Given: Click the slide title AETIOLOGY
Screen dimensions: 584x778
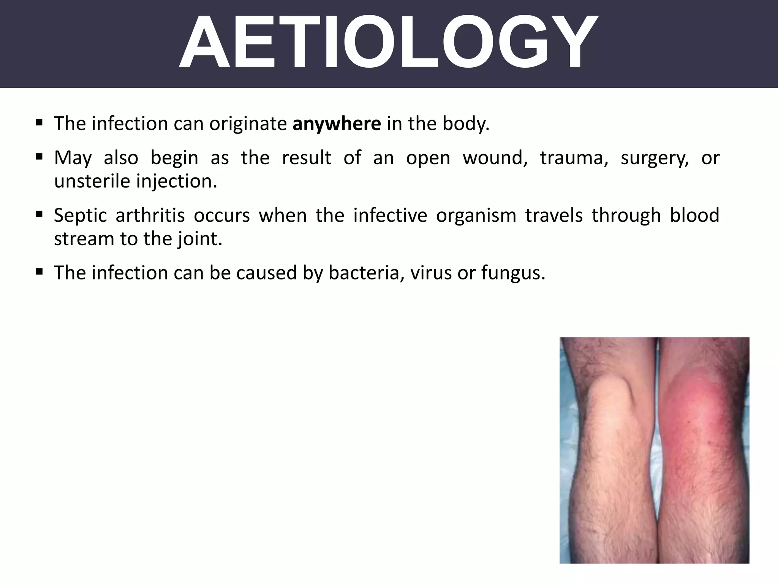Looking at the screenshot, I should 387,43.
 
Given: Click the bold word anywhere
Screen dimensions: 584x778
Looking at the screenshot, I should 337,124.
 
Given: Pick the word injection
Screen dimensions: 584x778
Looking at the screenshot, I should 177,182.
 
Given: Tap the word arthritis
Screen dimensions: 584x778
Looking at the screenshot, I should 150,215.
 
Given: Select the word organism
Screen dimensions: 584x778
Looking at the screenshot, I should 476,216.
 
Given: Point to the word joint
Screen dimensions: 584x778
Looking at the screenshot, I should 199,239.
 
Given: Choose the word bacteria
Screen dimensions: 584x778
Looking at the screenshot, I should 366,273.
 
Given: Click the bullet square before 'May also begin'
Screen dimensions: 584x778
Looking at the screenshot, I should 39,157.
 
